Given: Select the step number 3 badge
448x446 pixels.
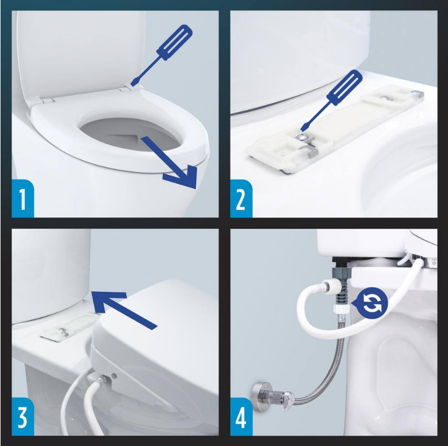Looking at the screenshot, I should pyautogui.click(x=23, y=417).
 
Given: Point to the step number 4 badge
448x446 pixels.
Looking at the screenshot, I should pyautogui.click(x=241, y=417).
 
